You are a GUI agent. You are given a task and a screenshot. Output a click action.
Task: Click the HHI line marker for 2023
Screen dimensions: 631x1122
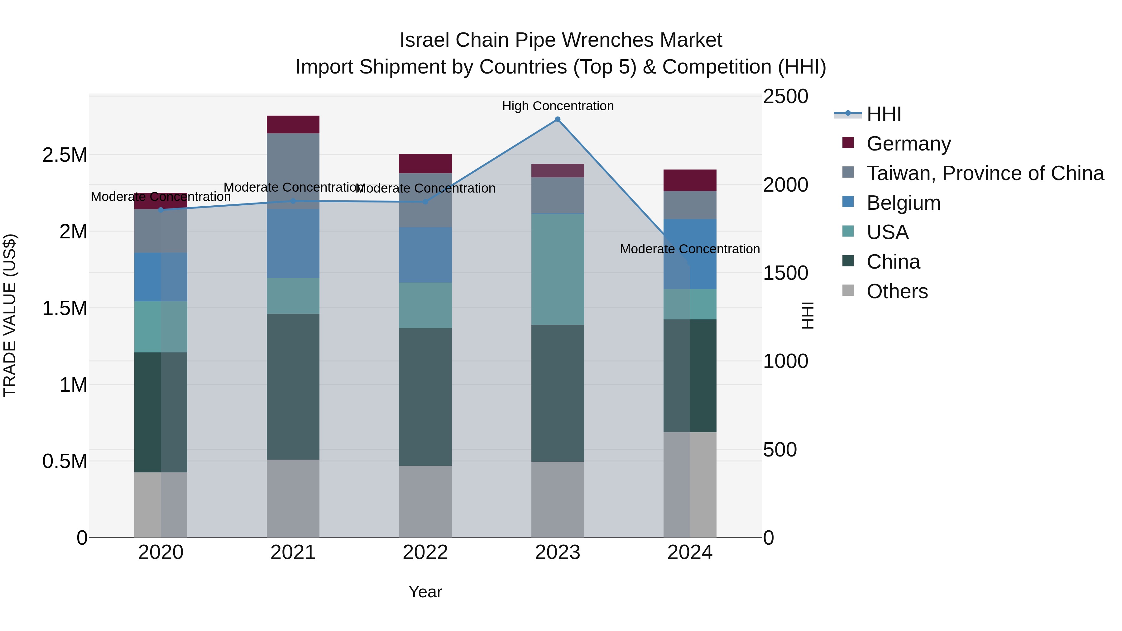point(558,119)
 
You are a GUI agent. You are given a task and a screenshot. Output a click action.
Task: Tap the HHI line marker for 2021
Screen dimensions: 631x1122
point(293,201)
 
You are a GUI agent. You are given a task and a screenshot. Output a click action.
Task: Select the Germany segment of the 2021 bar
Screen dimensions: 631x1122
point(293,125)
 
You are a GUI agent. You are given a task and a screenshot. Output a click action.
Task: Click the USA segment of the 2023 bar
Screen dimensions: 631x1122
point(558,269)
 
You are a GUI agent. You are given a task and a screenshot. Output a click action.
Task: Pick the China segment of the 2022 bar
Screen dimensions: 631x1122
point(425,397)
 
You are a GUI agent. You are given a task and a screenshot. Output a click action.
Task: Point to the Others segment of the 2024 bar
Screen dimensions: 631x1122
point(690,484)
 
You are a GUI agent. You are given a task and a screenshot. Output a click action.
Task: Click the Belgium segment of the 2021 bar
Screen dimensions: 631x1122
point(293,243)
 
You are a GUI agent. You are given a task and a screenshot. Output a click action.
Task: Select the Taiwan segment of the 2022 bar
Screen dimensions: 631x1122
point(425,200)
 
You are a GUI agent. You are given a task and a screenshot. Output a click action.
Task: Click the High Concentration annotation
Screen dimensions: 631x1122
point(558,106)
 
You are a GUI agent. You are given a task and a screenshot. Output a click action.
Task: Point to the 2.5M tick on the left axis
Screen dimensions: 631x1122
point(65,155)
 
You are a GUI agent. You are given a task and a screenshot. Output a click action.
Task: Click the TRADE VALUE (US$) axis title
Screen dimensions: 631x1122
point(10,315)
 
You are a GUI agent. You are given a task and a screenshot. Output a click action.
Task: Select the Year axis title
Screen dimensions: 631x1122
point(425,592)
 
